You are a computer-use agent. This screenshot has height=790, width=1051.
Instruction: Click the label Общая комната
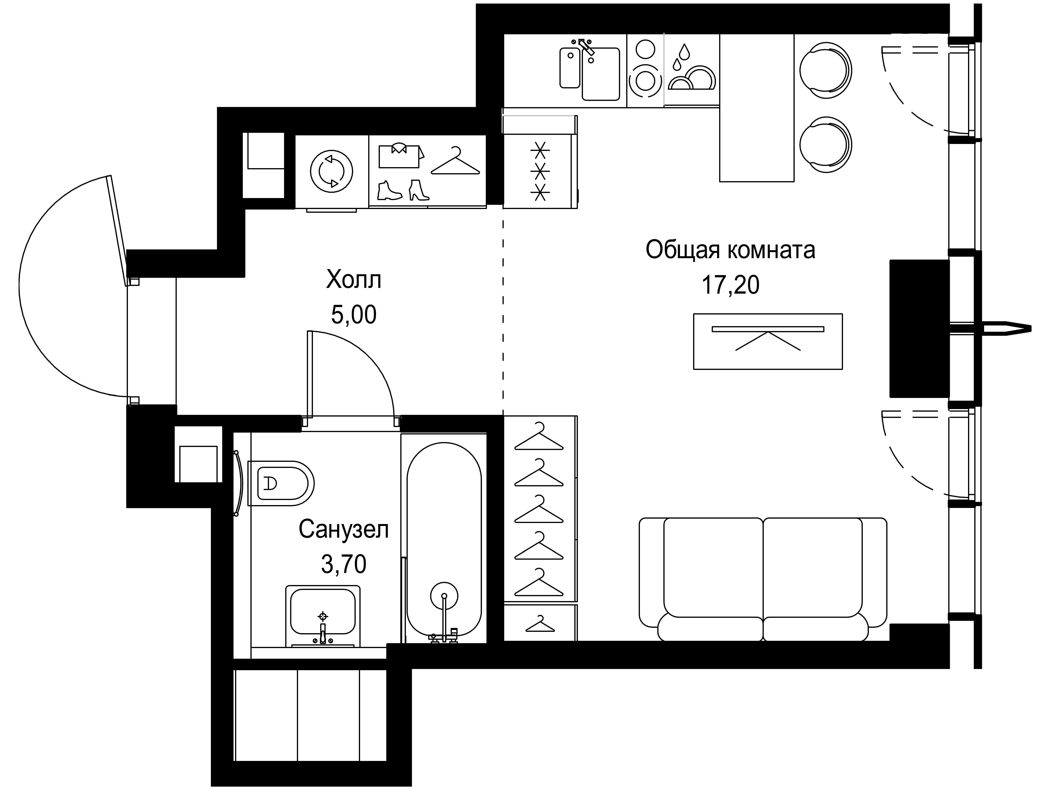coord(730,250)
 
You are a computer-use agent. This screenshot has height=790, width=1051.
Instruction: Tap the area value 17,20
coord(730,285)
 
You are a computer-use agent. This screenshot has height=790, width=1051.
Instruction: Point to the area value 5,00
coord(353,314)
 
